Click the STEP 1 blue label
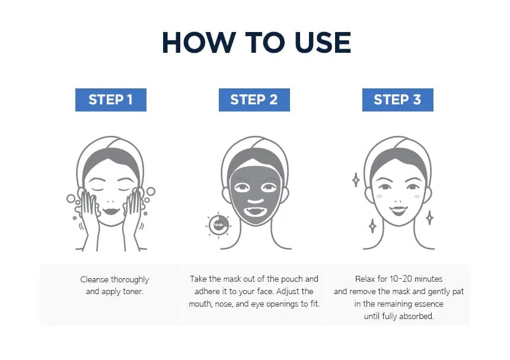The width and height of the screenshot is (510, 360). [110, 100]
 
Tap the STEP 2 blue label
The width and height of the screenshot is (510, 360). [254, 100]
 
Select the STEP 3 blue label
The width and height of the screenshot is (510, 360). [397, 100]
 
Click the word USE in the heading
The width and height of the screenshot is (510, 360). [323, 43]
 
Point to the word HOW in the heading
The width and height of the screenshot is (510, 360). [199, 43]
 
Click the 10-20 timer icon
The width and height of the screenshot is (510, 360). [218, 225]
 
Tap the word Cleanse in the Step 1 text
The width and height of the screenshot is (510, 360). [94, 279]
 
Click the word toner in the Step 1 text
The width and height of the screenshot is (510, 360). [132, 291]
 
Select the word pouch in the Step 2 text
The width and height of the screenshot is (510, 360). [292, 279]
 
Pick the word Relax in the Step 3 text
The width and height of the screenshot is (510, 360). [365, 279]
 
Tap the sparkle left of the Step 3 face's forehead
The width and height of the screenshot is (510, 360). [356, 180]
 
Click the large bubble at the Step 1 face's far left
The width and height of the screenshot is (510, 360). [71, 198]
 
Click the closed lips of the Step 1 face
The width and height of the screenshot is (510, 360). [111, 211]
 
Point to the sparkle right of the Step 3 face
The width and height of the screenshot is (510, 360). [429, 218]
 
